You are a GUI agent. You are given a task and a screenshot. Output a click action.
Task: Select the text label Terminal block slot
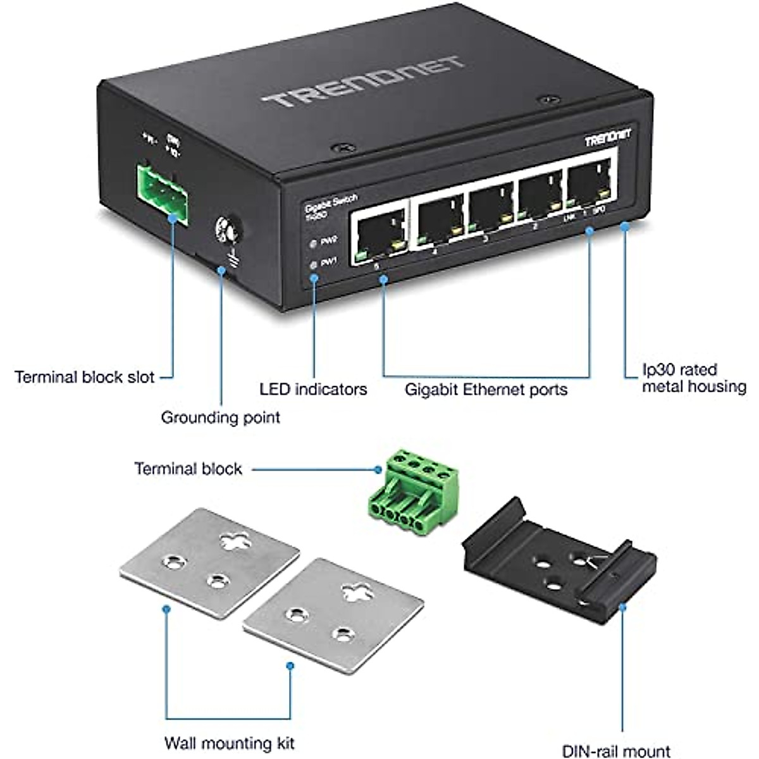pos(85,378)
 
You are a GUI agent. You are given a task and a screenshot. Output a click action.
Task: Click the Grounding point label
pos(220,417)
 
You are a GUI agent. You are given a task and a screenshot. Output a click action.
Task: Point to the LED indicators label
pos(313,389)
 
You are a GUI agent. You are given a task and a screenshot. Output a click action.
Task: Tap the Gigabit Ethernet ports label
pos(486,389)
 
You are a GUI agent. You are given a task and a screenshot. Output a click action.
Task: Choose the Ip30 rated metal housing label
pos(693,378)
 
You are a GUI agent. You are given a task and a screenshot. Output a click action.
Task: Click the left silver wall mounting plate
pos(209,557)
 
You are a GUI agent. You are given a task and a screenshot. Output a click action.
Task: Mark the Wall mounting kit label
pos(229,743)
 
